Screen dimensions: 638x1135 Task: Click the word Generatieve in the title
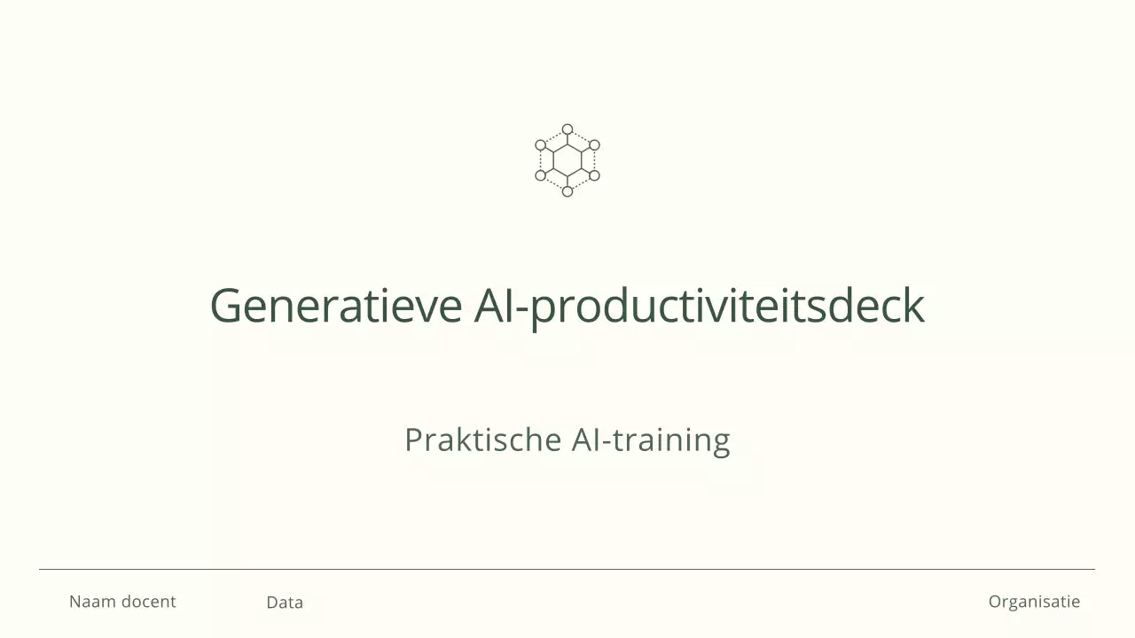336,306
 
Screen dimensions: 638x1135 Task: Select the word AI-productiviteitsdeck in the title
699,306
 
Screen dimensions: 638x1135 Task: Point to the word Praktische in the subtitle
482,440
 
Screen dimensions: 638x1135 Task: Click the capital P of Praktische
412,440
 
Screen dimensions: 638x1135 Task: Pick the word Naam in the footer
92,602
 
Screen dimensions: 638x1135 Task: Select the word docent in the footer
148,602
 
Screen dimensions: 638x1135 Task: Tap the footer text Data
285,603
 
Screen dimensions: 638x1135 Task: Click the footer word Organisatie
1034,602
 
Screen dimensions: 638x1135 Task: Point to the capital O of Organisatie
996,602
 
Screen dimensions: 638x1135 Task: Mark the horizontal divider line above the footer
567,569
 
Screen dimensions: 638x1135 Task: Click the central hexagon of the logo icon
567,160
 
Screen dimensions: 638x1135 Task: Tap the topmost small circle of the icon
567,129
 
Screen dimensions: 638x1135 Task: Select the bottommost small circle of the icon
567,191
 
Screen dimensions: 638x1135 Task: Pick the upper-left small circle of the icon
541,144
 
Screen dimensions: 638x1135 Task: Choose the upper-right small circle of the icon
594,144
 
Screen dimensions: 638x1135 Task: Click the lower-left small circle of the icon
541,175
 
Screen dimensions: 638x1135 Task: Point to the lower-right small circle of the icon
594,175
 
